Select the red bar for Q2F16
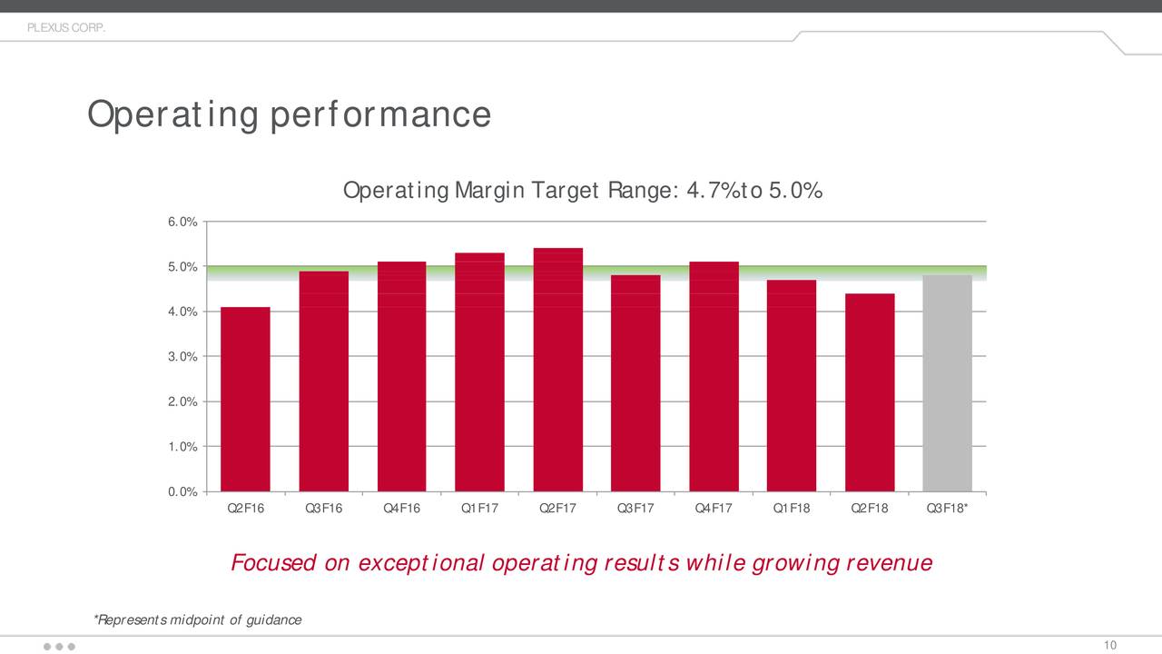(245, 400)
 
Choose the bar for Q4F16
(401, 377)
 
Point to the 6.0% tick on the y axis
(183, 222)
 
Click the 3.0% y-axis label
(183, 357)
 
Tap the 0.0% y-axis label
(183, 492)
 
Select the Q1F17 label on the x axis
(479, 508)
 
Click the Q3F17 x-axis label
(635, 508)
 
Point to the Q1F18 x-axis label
(791, 508)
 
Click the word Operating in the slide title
(171, 115)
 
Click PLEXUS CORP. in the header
(66, 28)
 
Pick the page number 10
(1109, 645)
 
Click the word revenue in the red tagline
(888, 563)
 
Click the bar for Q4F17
(714, 377)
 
